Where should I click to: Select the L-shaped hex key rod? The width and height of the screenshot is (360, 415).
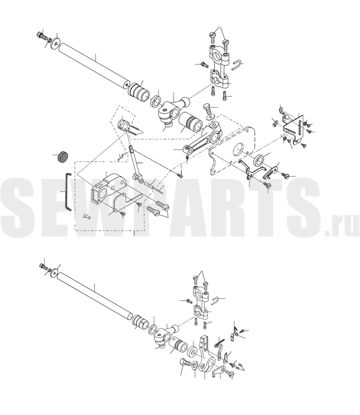(67, 192)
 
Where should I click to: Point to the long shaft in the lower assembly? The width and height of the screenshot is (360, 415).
(94, 294)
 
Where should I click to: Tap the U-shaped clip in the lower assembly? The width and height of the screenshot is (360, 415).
(216, 300)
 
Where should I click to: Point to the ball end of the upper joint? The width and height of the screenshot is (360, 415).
(184, 101)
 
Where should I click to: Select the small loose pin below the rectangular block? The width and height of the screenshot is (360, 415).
(87, 216)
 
